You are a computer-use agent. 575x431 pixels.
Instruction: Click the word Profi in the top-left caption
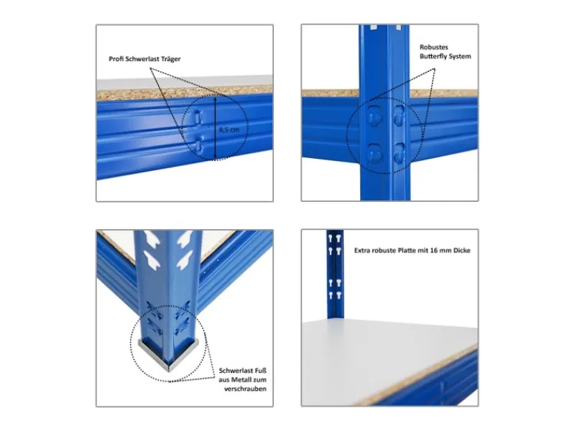coord(116,59)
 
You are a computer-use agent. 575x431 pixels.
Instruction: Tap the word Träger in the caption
coord(171,59)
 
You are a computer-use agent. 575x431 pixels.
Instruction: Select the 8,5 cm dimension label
coord(229,129)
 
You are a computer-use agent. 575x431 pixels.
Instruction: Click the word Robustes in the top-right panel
coord(434,47)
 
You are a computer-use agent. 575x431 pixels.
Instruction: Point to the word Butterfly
coord(433,57)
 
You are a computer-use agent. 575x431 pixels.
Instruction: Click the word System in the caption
coord(459,57)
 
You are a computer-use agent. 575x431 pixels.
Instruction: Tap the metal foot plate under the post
coord(169,353)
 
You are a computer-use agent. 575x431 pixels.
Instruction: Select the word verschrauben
coord(245,389)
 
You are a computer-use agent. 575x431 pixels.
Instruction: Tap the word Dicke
coord(462,251)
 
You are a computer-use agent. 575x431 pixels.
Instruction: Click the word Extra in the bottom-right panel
coord(362,251)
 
